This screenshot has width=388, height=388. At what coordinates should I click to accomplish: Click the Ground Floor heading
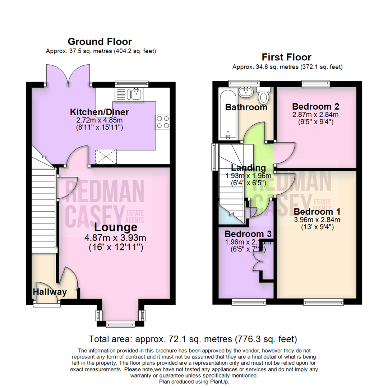coord(100,42)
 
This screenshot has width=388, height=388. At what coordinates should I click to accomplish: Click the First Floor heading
coord(286,57)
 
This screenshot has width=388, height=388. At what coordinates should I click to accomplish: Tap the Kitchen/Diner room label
coord(99,112)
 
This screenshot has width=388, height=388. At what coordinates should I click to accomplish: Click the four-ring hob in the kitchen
coord(163,122)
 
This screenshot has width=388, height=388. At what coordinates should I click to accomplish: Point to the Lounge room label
coord(115,227)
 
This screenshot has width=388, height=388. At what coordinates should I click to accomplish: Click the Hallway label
coord(50,292)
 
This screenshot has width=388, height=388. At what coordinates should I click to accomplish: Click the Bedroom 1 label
coord(317,211)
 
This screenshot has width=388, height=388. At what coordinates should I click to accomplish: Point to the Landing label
coord(248,168)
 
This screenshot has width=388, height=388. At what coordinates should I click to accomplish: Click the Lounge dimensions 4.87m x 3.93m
coord(115,238)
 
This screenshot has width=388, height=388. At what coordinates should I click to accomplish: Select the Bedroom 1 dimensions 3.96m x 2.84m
coord(317,220)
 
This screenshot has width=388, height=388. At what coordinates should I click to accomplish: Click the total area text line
coord(193,338)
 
